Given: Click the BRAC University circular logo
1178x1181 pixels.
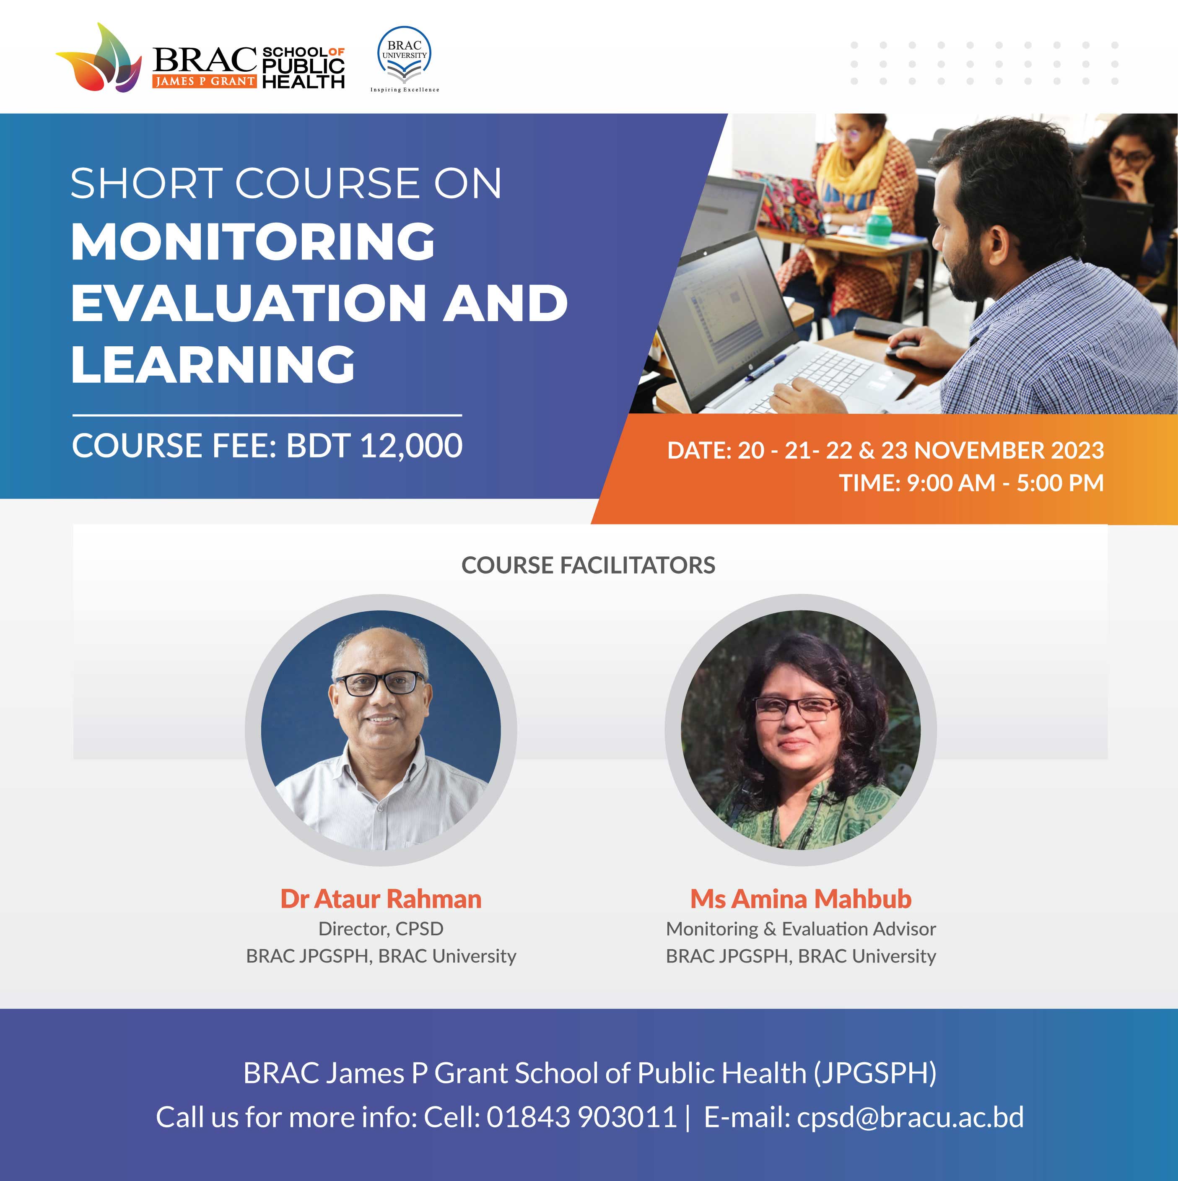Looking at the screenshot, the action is (404, 55).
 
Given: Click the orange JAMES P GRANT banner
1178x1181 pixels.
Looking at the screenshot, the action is (204, 81).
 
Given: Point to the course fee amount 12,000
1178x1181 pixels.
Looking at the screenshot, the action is (411, 446).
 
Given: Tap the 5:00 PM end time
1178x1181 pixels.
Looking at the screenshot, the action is (1060, 483).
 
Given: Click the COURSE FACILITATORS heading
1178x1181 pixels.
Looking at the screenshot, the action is (588, 566).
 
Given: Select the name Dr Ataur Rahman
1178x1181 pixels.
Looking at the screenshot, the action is (381, 898).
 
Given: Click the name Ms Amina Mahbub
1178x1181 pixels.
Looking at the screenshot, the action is (801, 898).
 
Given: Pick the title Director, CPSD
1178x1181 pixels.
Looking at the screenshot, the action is (381, 929).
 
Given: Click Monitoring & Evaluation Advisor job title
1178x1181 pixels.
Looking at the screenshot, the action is (801, 929).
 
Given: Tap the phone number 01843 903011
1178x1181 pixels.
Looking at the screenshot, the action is (581, 1117).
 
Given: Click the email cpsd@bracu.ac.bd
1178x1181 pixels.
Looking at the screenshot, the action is (910, 1117).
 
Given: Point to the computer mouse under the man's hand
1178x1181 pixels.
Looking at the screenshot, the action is (902, 350).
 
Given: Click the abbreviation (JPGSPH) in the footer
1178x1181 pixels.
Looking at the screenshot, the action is (875, 1073).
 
